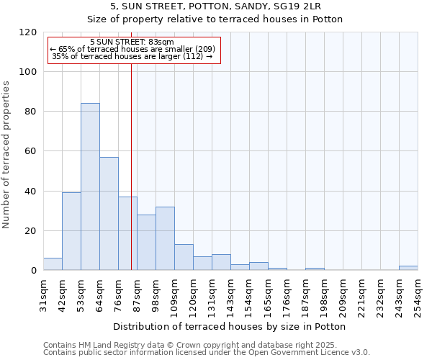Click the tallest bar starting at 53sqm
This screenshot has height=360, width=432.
click(90, 187)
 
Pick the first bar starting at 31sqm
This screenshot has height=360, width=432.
click(53, 264)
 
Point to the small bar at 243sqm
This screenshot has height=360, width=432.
click(408, 268)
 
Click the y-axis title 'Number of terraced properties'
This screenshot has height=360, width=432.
click(6, 155)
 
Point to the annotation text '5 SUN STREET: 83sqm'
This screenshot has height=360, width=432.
click(133, 42)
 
